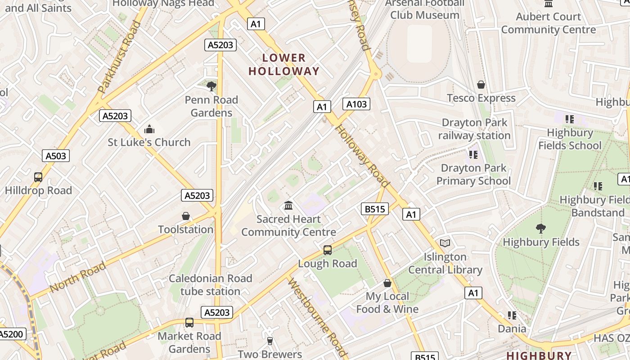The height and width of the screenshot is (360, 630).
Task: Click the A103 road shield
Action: [356, 104]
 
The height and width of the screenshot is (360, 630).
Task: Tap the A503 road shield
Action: [56, 156]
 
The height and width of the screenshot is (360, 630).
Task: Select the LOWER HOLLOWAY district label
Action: [283, 64]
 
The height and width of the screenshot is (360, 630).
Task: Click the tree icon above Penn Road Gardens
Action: [211, 86]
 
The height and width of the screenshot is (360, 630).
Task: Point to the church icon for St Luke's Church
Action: [149, 130]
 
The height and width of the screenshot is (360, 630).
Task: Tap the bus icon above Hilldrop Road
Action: [38, 177]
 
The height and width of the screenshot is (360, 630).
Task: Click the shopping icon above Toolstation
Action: [186, 216]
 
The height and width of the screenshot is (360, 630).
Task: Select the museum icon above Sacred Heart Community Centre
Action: [288, 206]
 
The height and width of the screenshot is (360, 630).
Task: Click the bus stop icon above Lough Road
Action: [328, 250]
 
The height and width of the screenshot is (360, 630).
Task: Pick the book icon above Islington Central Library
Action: [445, 243]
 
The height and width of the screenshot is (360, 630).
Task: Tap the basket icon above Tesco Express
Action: [481, 85]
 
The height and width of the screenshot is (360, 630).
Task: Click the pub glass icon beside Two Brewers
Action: [270, 341]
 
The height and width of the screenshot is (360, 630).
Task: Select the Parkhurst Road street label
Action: [116, 57]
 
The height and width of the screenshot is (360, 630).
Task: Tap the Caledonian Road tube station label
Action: [210, 285]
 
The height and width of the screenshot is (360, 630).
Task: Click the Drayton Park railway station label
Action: [474, 129]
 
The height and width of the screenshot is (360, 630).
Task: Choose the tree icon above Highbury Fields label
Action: [541, 229]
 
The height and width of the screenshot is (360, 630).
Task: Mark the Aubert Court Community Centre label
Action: [548, 23]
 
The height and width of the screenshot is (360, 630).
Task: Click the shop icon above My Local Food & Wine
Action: [387, 283]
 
